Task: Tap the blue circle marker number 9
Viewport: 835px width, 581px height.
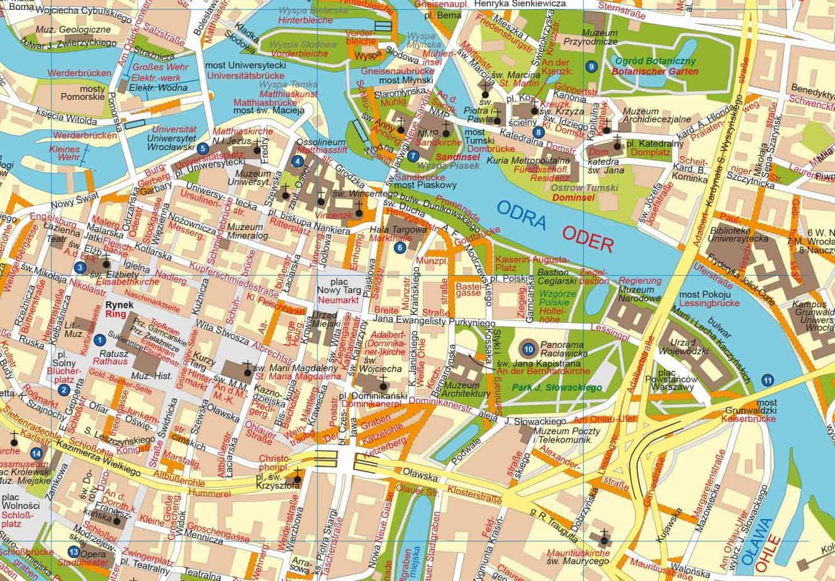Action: [591, 66]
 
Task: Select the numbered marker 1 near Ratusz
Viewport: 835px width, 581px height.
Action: [99, 340]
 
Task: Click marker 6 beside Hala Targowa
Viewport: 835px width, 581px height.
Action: [400, 248]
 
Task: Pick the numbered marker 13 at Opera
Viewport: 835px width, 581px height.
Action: [74, 552]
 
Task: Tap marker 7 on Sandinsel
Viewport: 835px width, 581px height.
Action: [412, 156]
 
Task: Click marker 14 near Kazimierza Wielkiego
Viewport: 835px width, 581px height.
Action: [36, 453]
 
